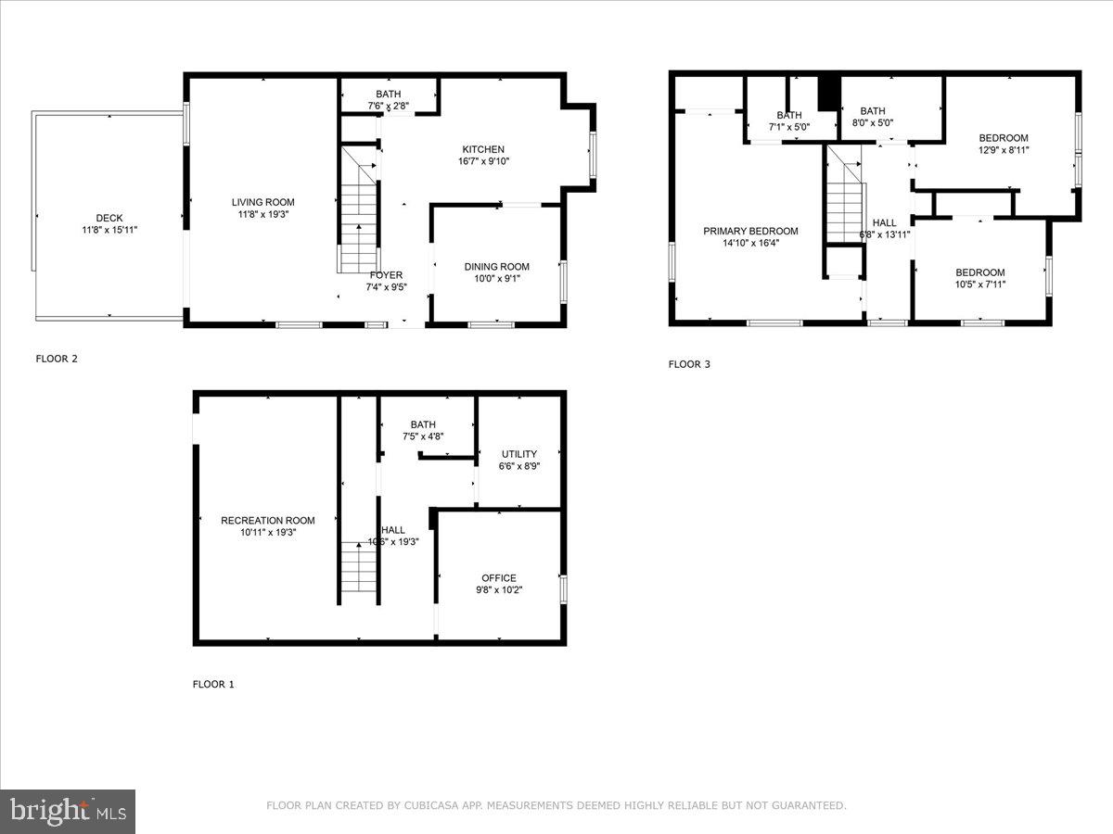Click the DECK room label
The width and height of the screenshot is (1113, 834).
tap(109, 219)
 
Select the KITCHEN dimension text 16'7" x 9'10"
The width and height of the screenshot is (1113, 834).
tap(483, 161)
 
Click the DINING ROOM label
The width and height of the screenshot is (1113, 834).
tap(496, 267)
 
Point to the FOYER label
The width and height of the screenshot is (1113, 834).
tap(386, 275)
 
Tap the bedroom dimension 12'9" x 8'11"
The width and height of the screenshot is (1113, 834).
tap(1004, 150)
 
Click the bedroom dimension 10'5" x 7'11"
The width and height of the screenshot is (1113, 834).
tap(980, 284)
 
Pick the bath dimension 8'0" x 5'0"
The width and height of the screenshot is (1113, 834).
tap(872, 123)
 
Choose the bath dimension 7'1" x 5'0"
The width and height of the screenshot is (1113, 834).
tap(789, 127)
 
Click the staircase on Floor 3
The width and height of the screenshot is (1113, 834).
tap(845, 209)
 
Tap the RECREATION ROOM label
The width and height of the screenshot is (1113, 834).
tap(267, 521)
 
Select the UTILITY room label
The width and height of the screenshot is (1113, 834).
tap(519, 454)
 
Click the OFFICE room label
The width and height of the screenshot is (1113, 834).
tap(499, 578)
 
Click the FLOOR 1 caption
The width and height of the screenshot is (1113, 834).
tap(213, 685)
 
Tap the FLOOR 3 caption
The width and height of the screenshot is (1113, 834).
tap(689, 364)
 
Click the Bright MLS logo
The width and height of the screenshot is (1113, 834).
tap(68, 812)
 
